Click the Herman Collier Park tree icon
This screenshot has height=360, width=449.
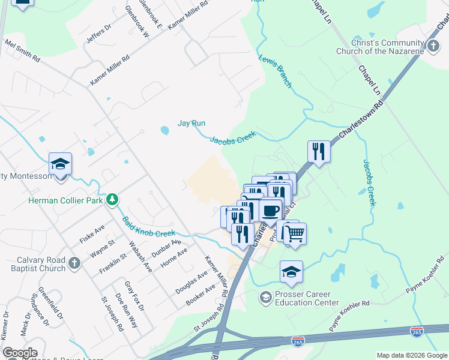tap(112, 199)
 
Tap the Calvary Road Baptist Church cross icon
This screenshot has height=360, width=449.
tap(74, 263)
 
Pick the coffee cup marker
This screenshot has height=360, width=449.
tap(271, 210)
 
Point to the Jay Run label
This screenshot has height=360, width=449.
tap(191, 123)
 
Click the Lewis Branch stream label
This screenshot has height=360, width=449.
tap(276, 71)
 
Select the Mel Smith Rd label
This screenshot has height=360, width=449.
tap(22, 52)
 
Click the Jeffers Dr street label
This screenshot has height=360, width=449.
tap(99, 34)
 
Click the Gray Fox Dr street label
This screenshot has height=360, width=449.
tap(135, 296)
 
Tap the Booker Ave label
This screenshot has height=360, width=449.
tap(200, 296)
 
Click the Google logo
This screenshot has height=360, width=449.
tap(20, 353)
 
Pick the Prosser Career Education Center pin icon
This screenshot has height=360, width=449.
tap(265, 297)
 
